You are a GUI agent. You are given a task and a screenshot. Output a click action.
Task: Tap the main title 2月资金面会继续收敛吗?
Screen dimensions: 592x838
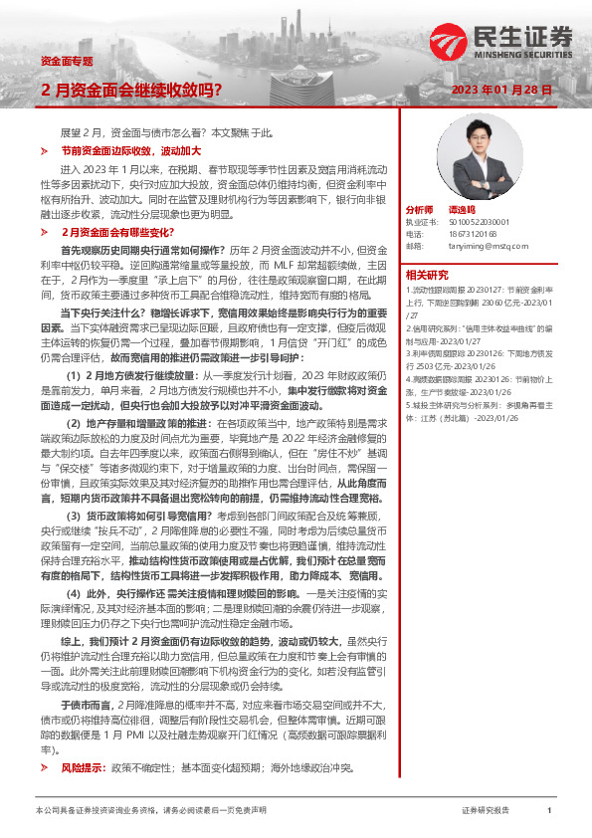coord(131,90)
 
